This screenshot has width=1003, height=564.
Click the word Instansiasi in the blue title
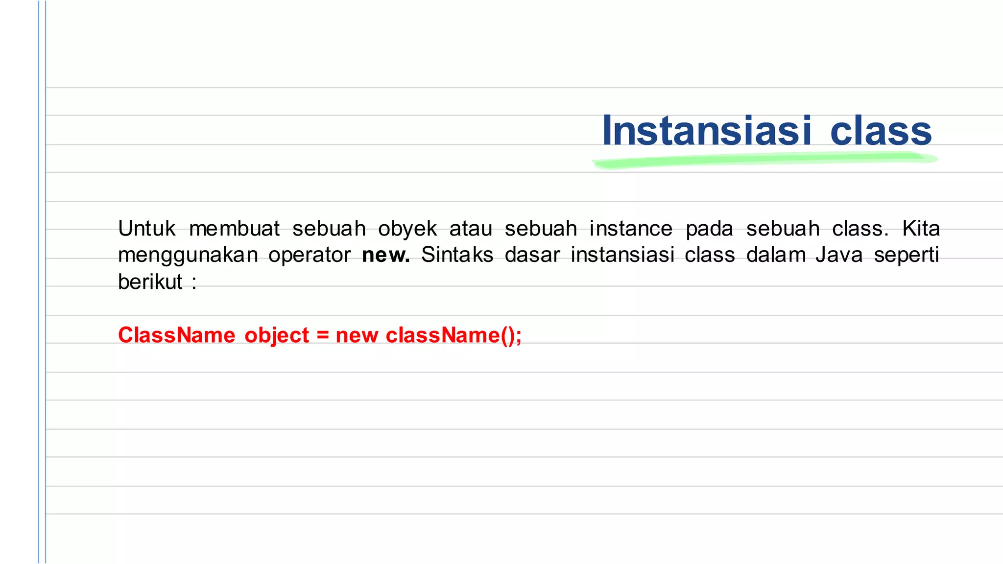[x=707, y=131]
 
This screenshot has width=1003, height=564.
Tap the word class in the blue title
[x=881, y=131]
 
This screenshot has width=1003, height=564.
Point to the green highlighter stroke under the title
[x=764, y=160]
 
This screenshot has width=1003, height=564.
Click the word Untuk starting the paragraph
[x=146, y=229]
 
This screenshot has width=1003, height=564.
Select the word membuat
[x=234, y=229]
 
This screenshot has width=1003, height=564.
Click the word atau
[x=471, y=229]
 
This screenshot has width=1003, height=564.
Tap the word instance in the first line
[x=631, y=229]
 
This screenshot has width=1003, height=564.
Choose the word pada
[x=709, y=229]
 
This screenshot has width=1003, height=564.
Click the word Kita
[x=921, y=229]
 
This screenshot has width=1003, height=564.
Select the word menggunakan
[x=188, y=256]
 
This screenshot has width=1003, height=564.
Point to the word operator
[x=310, y=256]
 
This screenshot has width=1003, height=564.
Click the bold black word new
[x=385, y=256]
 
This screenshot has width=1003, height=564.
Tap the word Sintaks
[x=457, y=255]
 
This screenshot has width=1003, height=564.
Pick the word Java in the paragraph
[x=838, y=255]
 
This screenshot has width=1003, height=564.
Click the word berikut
[x=150, y=282]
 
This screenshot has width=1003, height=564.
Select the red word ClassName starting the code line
[x=176, y=335]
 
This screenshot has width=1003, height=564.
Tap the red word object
[x=277, y=336]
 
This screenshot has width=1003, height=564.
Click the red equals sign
[x=322, y=336]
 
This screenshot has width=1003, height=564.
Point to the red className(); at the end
[x=454, y=336]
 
